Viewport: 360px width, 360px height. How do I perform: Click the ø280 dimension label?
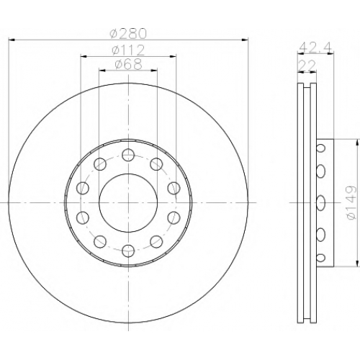coord(128,33)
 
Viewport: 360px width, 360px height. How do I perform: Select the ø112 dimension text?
coord(128,50)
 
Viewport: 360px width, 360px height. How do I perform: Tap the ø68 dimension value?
coord(128,64)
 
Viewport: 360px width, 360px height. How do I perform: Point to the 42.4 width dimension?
coord(315,48)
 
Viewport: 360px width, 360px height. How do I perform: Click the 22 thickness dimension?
coord(307,65)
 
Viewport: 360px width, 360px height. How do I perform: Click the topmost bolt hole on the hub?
coord(128,155)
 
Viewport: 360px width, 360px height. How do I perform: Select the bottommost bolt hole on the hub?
coord(128,251)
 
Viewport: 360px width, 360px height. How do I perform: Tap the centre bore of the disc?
coord(128,203)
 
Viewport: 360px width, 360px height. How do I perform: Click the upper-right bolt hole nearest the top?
coord(156,164)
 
